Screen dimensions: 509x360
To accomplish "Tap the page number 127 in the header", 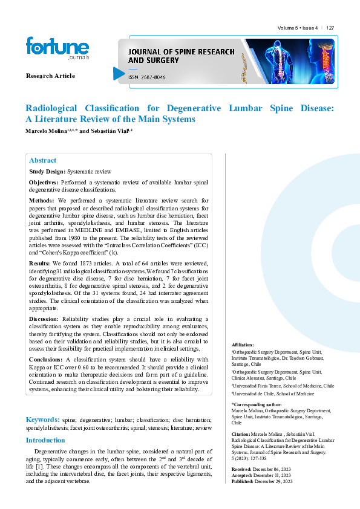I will [x=330, y=28].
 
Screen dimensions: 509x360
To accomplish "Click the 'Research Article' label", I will [x=50, y=76].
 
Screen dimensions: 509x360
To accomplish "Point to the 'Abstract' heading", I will [x=42, y=161].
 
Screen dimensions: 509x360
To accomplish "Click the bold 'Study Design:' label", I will [x=47, y=172].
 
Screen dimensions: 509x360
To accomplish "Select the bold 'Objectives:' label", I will [x=44, y=182].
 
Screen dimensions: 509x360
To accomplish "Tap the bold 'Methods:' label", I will [x=42, y=200].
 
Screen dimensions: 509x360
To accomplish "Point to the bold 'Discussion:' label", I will [x=44, y=318].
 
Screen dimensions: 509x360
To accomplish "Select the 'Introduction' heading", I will [x=45, y=441].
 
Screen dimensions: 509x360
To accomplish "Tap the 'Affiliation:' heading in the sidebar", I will [x=243, y=344].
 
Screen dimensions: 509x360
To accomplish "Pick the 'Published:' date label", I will [x=243, y=481].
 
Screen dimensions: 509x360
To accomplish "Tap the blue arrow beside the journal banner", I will [x=119, y=74].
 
